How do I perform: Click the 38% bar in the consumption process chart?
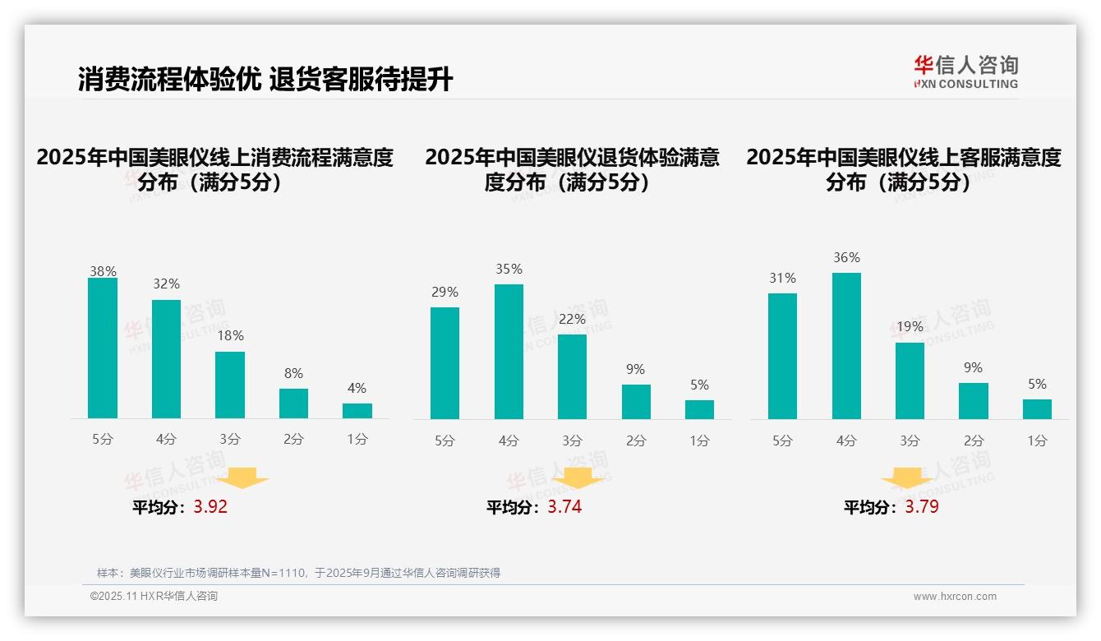tap(103, 348)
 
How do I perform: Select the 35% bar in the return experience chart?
tap(509, 352)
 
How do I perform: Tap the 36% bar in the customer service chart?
tap(846, 346)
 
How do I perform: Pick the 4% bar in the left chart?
tap(357, 411)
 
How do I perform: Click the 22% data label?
tap(572, 319)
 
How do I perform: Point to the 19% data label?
tap(910, 326)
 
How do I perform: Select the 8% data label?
tap(293, 372)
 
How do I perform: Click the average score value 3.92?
tap(210, 507)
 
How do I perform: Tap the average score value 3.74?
tap(564, 507)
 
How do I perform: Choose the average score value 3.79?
tap(922, 507)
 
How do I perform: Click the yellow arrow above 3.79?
tap(907, 478)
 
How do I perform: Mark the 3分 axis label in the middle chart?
tap(572, 441)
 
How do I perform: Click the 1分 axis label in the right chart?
tap(1037, 441)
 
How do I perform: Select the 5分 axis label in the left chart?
tap(103, 440)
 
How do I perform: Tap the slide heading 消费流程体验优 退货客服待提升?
tap(265, 80)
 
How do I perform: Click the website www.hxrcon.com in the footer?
tap(955, 597)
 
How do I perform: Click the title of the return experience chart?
tap(572, 169)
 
